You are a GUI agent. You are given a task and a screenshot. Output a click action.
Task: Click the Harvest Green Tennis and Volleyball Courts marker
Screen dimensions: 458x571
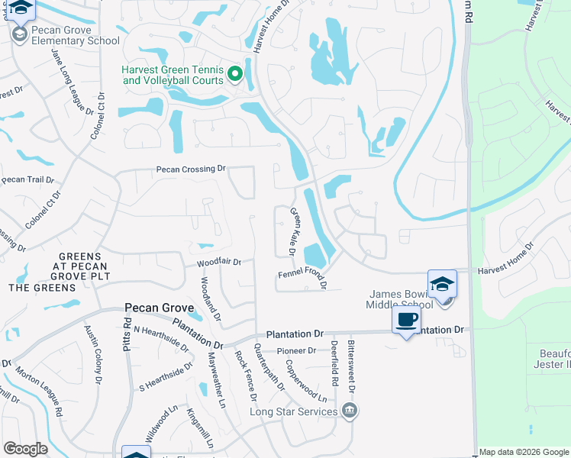pyautogui.click(x=235, y=74)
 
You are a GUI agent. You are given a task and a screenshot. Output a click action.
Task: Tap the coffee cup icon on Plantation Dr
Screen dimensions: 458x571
pyautogui.click(x=406, y=320)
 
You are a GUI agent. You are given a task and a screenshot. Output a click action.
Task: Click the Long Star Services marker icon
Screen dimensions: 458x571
pyautogui.click(x=350, y=411)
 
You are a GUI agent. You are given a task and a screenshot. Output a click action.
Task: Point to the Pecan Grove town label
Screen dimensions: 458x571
pyautogui.click(x=160, y=308)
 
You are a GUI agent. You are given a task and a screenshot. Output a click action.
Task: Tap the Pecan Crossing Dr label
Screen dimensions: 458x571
pyautogui.click(x=192, y=169)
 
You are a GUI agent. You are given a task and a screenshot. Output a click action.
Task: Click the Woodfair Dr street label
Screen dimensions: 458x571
pyautogui.click(x=219, y=262)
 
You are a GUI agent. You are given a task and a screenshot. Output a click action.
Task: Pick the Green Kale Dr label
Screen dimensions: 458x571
pyautogui.click(x=293, y=231)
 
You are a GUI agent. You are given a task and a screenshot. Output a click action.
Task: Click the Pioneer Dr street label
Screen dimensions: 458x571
pyautogui.click(x=296, y=350)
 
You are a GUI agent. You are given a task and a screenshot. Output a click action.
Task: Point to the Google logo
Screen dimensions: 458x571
pyautogui.click(x=25, y=449)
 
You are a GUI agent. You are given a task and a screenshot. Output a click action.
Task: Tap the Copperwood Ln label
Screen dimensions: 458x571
pyautogui.click(x=307, y=389)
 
